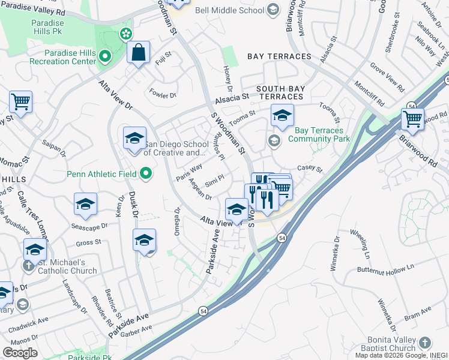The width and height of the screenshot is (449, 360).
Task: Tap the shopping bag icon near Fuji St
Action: click(x=139, y=53)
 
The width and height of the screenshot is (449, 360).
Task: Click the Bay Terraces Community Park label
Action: click(x=319, y=134)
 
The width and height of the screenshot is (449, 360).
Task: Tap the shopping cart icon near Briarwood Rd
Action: click(x=412, y=119)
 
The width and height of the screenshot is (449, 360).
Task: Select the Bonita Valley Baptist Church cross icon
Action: click(x=424, y=343)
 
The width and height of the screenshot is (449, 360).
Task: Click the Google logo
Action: click(x=20, y=353)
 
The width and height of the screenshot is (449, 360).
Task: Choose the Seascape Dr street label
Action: click(x=88, y=226)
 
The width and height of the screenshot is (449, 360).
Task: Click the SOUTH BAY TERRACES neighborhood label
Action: click(x=280, y=92)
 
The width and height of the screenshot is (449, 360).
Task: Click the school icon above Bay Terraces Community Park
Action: click(x=282, y=116)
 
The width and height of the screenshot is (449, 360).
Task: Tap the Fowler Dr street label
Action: click(x=163, y=94)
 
